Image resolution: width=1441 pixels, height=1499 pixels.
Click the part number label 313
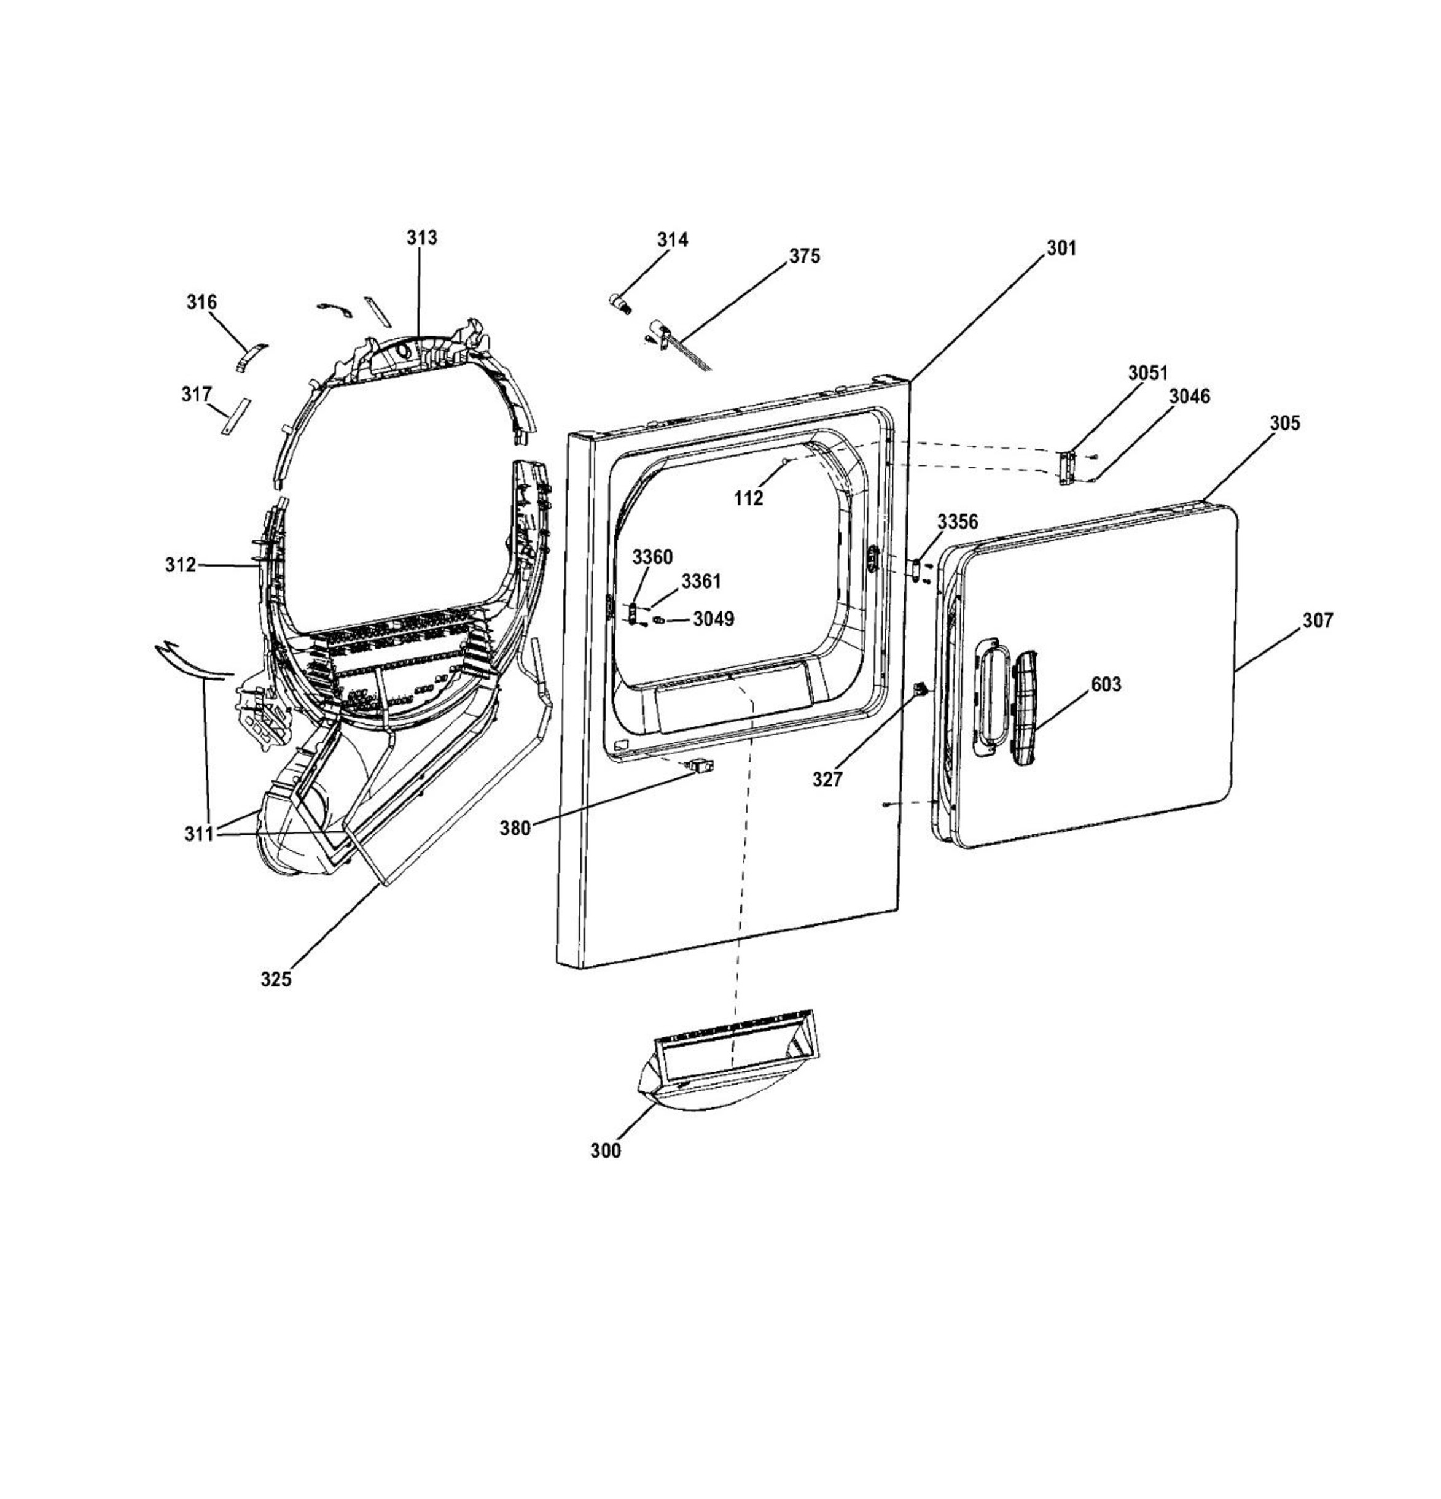pos(421,238)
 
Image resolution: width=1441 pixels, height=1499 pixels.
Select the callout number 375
pos(804,256)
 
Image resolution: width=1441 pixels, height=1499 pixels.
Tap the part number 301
pos(1061,248)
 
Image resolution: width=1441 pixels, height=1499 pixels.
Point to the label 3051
pos(1148,373)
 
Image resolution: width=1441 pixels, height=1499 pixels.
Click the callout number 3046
pos(1190,396)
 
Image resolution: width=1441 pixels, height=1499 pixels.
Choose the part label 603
pos(1106,684)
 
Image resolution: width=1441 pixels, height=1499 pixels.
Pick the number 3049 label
pos(714,619)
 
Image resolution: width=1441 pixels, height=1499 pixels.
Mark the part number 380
pos(515,828)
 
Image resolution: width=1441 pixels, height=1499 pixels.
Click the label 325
pos(276,979)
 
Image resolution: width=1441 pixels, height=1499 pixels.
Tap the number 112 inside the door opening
pos(748,498)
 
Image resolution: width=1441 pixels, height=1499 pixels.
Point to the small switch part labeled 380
pos(700,765)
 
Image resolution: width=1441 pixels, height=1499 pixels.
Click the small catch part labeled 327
pos(922,689)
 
